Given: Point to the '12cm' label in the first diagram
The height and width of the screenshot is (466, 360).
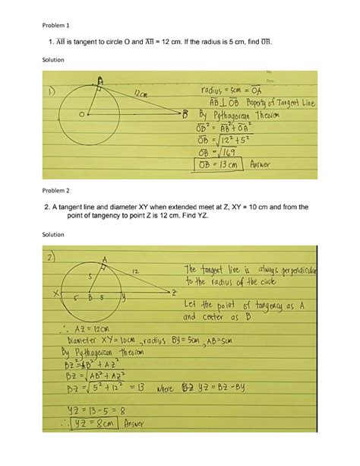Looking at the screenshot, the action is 143,94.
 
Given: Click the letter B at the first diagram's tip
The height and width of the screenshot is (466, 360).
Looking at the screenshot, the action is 185,115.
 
